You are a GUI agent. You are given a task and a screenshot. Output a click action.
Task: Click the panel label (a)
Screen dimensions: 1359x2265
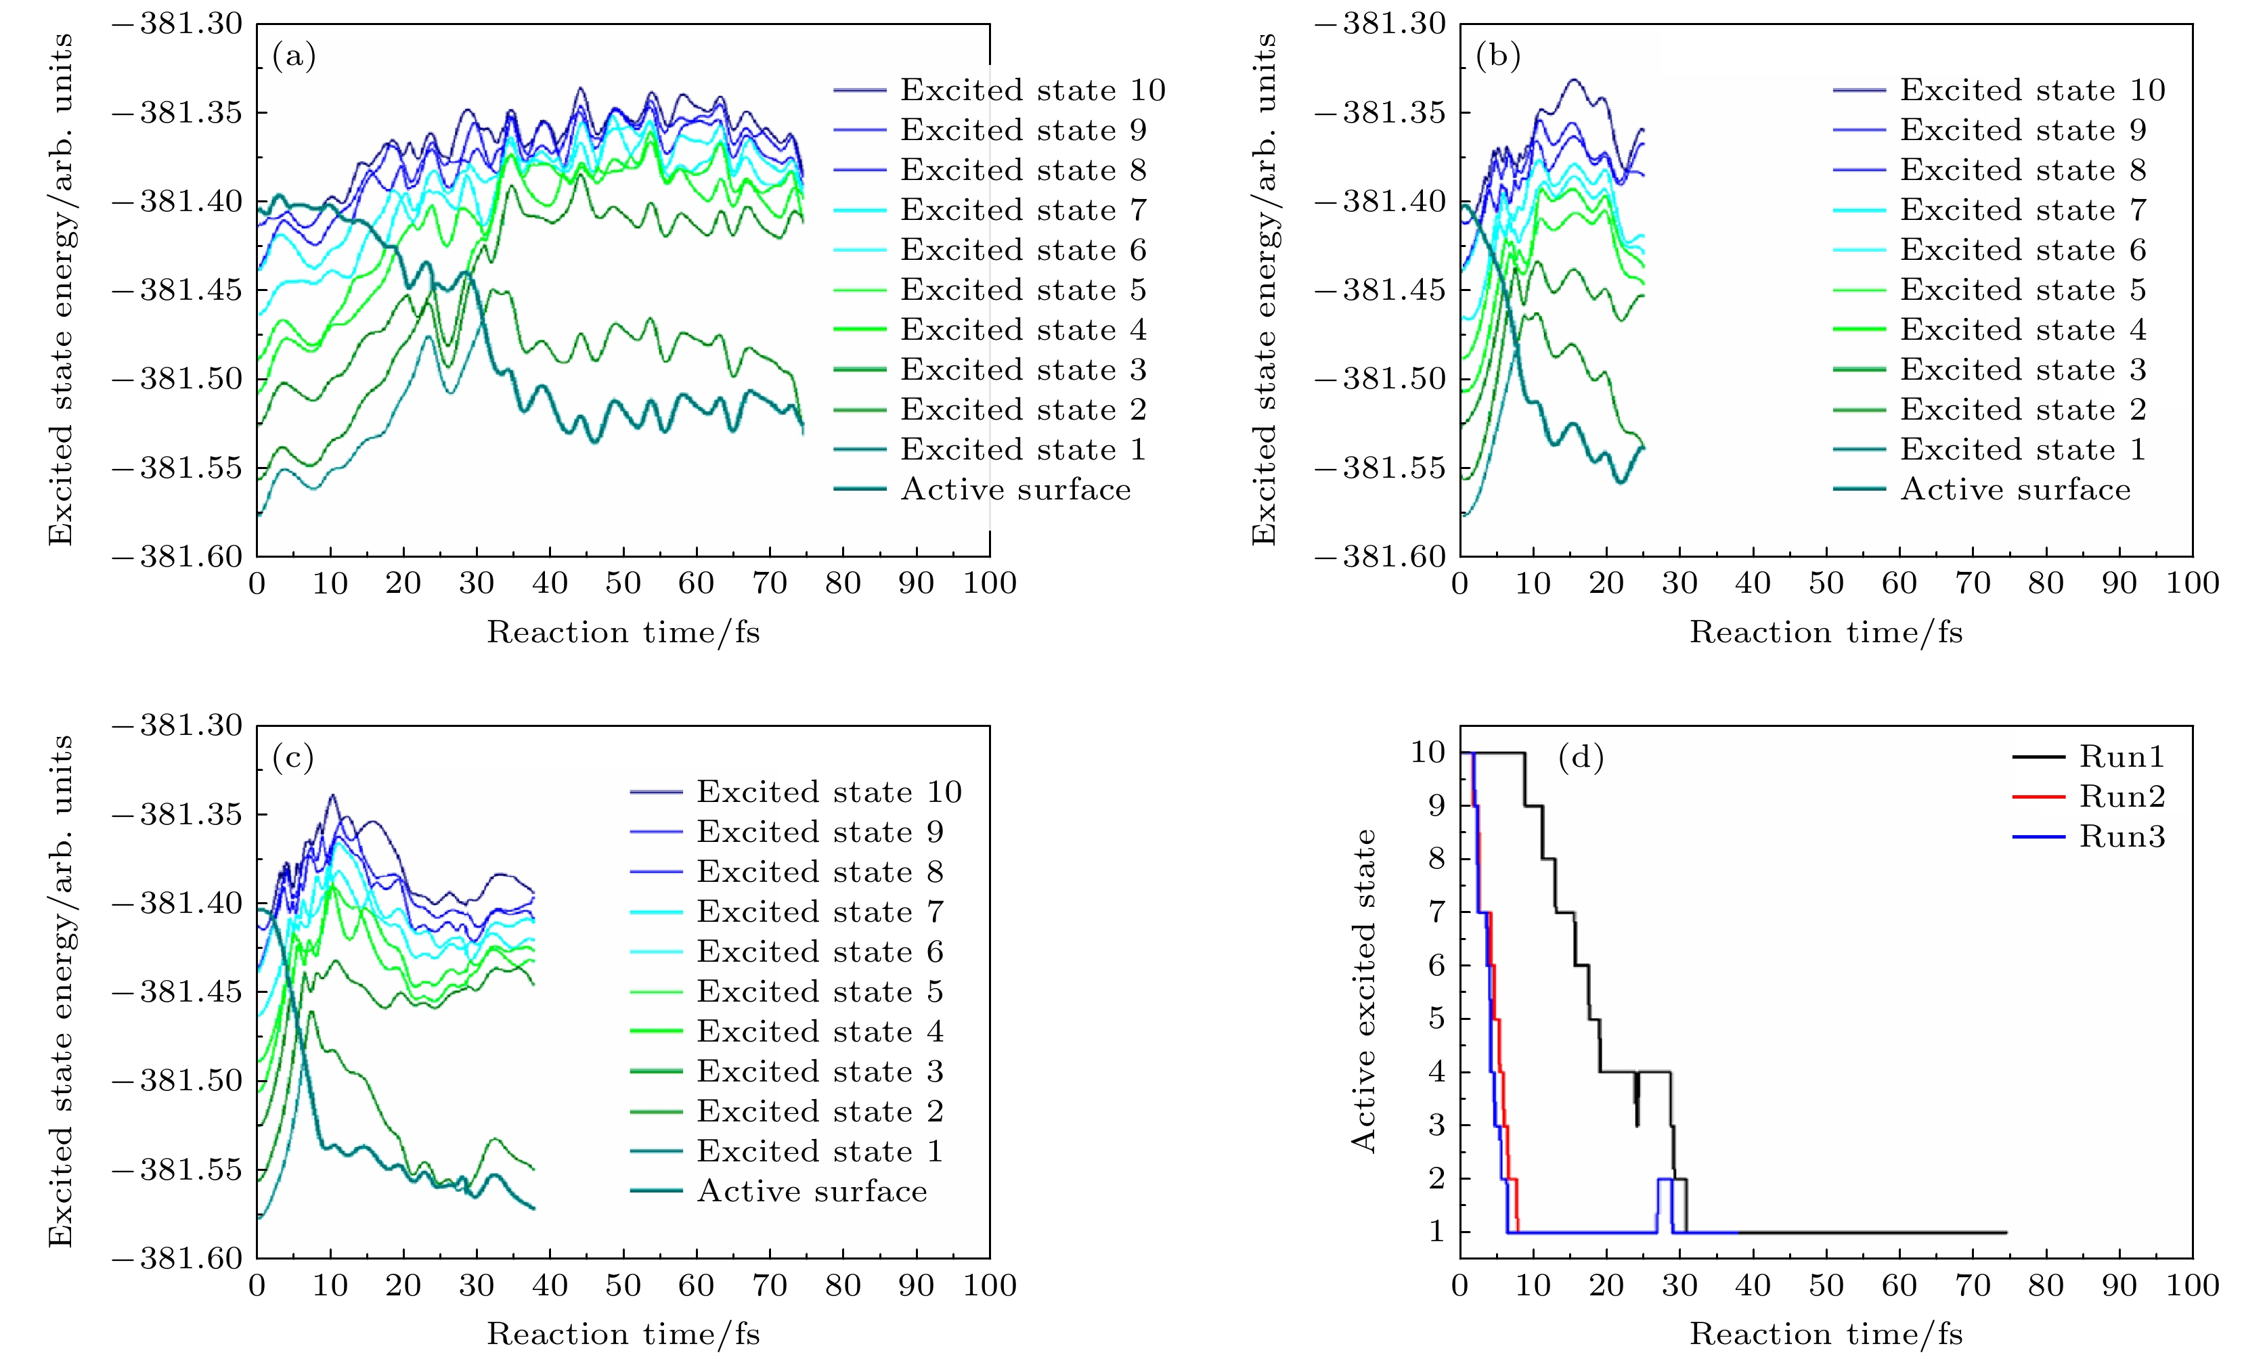(x=294, y=57)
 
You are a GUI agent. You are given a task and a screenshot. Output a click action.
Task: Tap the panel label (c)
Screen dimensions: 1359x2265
(x=294, y=758)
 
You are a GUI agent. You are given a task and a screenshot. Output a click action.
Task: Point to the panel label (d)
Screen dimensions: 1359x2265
(x=1580, y=758)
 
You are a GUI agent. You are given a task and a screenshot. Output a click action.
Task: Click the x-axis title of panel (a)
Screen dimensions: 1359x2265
(x=623, y=632)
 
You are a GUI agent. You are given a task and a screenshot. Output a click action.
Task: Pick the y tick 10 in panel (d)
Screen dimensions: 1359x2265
(x=1428, y=753)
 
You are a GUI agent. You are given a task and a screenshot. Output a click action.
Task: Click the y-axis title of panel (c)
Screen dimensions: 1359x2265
(x=60, y=991)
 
